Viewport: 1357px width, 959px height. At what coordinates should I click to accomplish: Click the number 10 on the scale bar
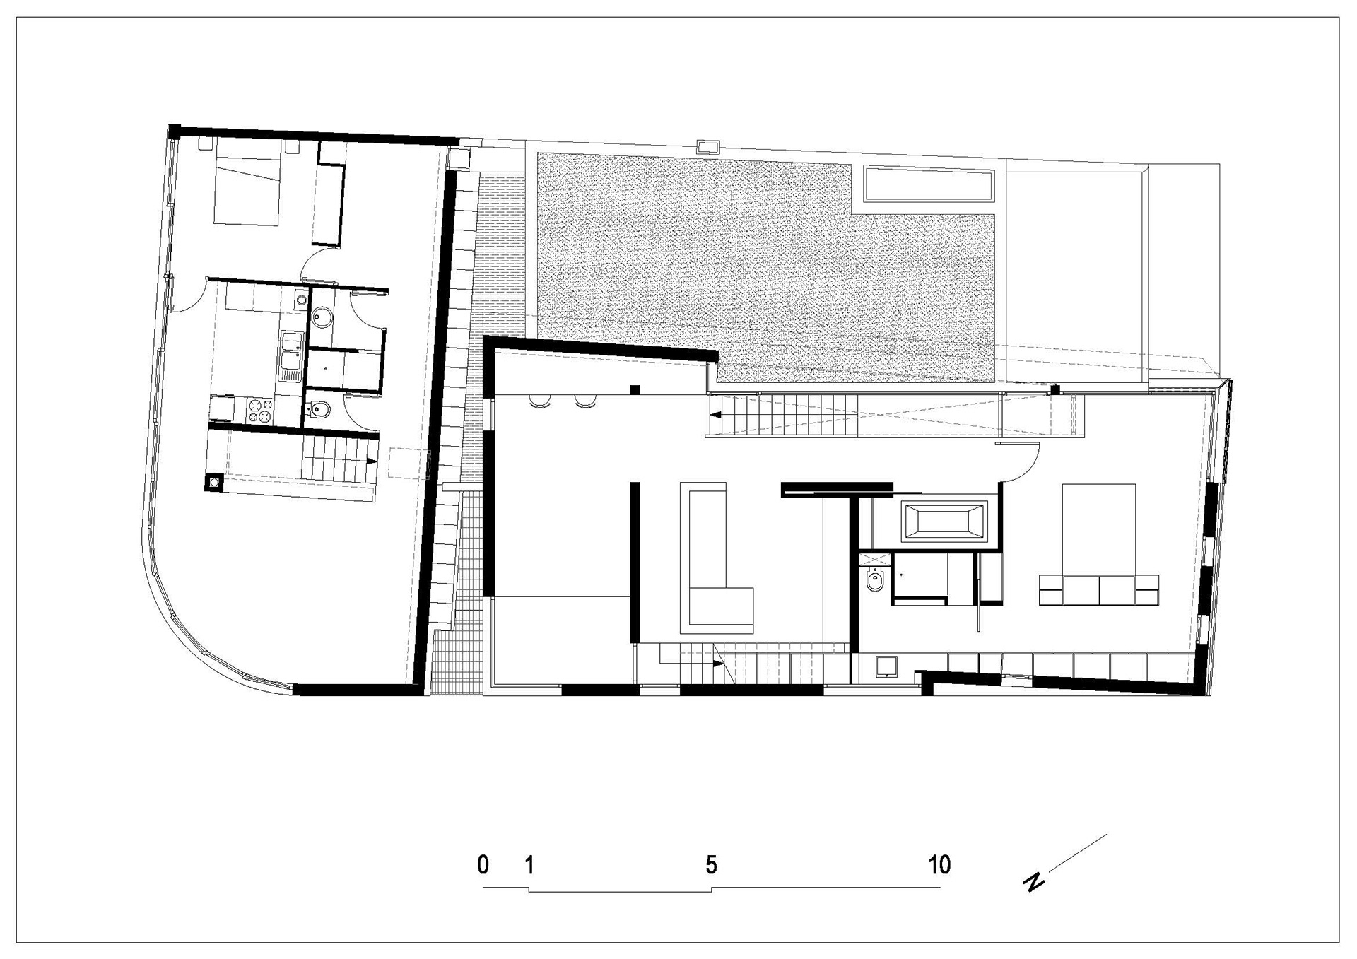939,864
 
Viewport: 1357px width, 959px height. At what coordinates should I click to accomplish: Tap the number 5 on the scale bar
711,864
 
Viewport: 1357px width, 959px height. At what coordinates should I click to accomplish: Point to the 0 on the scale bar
483,864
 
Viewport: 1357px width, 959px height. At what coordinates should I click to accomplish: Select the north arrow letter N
1035,881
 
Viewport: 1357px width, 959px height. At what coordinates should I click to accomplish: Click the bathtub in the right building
944,521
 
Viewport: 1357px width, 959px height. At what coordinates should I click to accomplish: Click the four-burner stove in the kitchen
259,411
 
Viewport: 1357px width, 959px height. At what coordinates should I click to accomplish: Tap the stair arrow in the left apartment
371,461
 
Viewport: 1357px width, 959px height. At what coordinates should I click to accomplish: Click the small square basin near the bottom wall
886,666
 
